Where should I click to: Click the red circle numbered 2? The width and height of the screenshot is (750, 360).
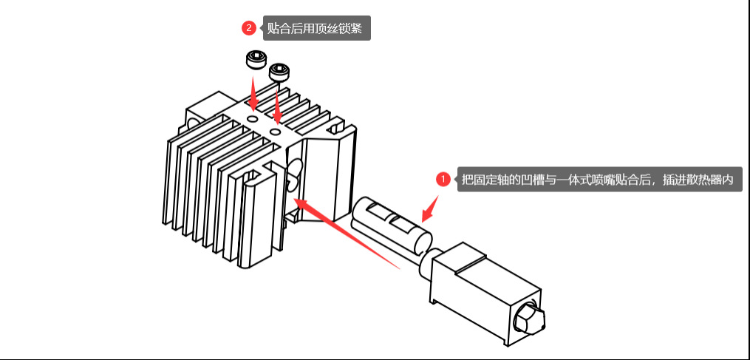249,29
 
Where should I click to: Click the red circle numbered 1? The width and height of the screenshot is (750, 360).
443,179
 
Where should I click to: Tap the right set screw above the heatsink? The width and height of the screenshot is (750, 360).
280,72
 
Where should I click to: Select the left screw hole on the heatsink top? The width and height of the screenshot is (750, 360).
253,117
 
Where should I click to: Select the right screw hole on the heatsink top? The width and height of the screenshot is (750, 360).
276,131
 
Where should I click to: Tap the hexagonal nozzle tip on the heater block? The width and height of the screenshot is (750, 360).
531,319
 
